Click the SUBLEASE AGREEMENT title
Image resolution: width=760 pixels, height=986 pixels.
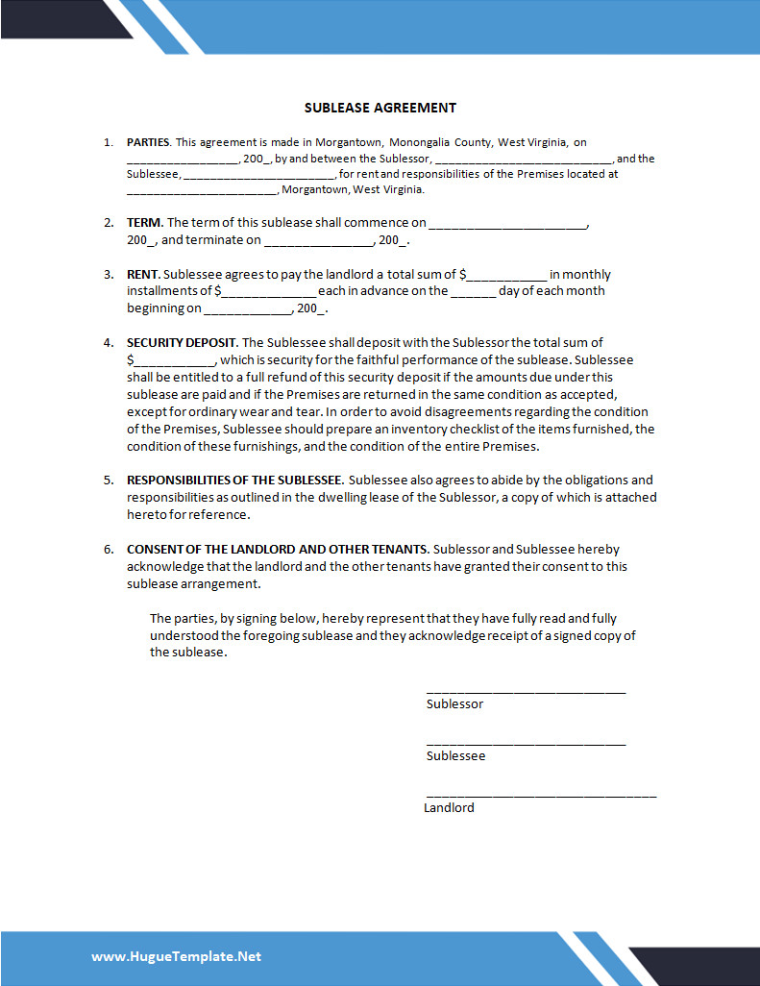click(x=380, y=108)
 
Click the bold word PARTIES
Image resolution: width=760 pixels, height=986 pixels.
click(x=148, y=142)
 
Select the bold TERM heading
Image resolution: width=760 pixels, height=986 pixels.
click(x=144, y=223)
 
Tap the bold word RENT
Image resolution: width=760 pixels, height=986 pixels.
click(x=142, y=275)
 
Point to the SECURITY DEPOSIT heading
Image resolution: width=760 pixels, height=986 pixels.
click(x=182, y=342)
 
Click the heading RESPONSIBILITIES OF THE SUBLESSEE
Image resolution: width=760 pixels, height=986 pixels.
click(x=234, y=480)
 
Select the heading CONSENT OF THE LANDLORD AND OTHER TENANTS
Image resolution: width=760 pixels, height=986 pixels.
click(x=278, y=549)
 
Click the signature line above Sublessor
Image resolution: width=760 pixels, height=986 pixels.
click(x=526, y=691)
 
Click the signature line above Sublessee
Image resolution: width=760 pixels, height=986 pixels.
click(x=526, y=743)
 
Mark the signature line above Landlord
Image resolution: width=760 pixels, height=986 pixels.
click(x=541, y=795)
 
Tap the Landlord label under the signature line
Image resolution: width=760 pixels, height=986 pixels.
click(x=449, y=808)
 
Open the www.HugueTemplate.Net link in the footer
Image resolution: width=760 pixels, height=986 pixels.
click(x=177, y=956)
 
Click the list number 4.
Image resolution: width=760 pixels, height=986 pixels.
click(x=109, y=342)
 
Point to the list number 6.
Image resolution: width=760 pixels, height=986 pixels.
click(x=109, y=549)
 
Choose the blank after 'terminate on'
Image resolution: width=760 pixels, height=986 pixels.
click(x=318, y=242)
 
